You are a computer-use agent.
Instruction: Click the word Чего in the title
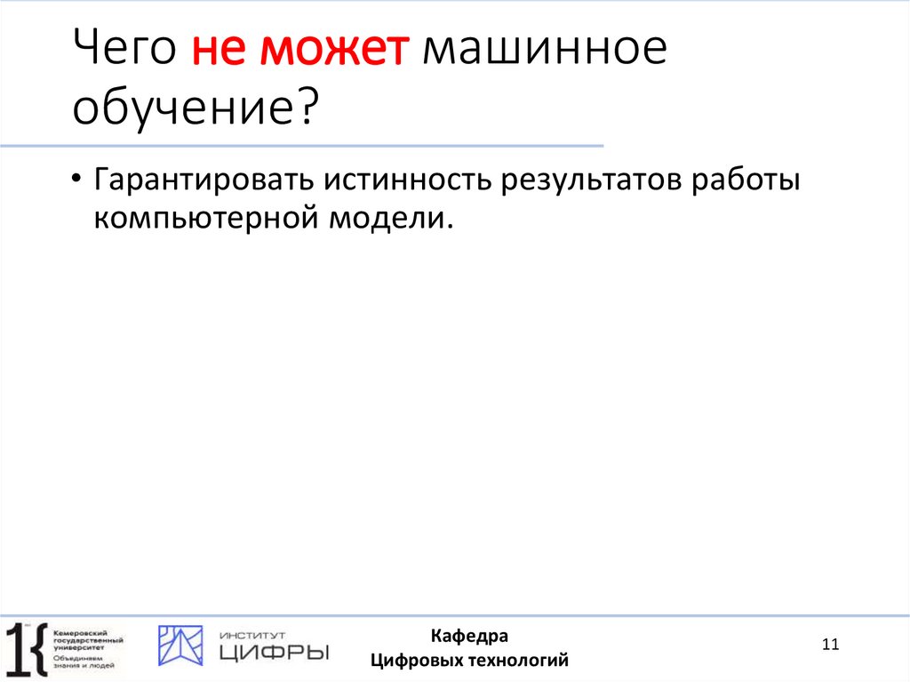[x=124, y=52]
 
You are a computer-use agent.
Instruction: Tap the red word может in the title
[x=334, y=52]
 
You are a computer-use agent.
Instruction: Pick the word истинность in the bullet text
[x=410, y=181]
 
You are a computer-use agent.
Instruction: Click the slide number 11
[x=831, y=645]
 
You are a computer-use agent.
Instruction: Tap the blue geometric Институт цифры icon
[x=180, y=646]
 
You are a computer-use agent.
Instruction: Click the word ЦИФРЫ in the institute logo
[x=273, y=653]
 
